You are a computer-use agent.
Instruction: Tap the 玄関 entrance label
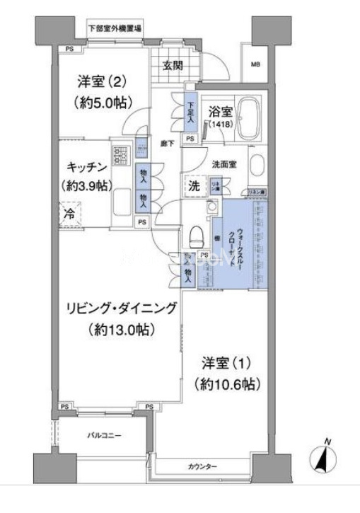click(x=173, y=67)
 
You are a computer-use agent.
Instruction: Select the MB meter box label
click(x=254, y=65)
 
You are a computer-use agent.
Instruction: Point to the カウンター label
click(x=203, y=466)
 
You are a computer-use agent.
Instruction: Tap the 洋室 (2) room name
click(x=104, y=80)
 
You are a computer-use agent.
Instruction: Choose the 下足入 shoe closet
click(x=190, y=113)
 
